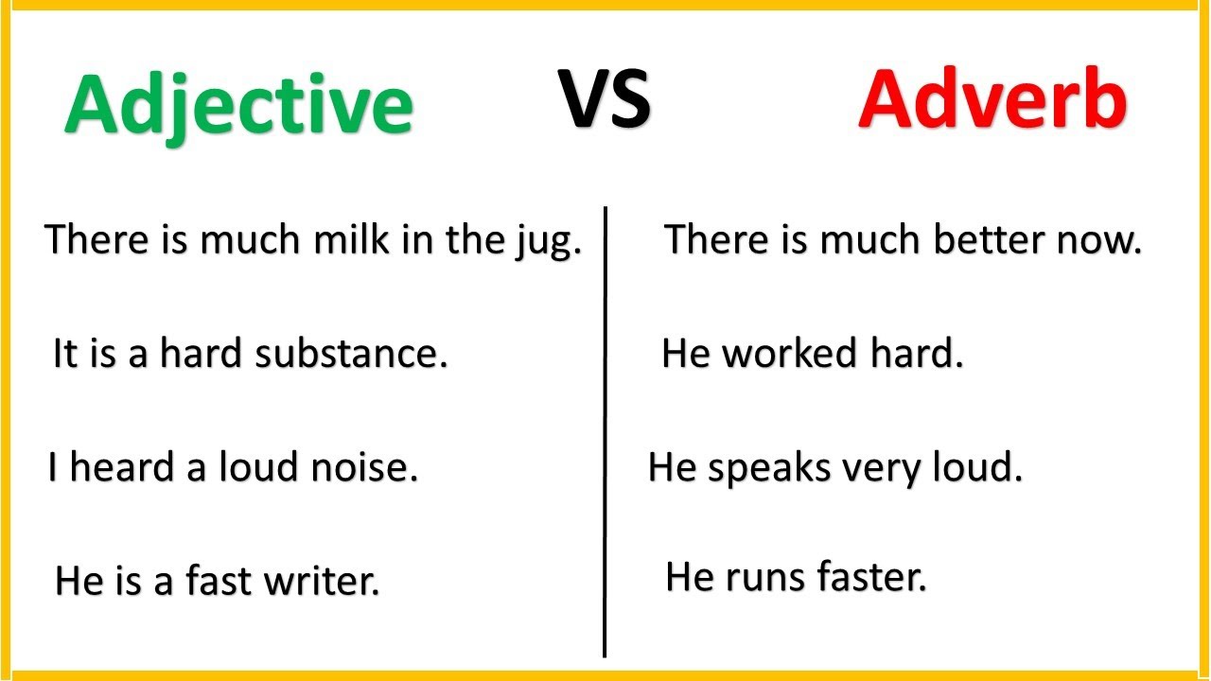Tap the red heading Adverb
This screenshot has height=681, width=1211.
tap(992, 98)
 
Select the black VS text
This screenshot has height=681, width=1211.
tap(604, 99)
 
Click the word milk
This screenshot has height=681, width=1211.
tap(351, 239)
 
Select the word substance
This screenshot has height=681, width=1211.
tap(351, 353)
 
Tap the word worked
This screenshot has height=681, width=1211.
tap(790, 353)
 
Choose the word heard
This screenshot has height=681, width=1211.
tap(122, 466)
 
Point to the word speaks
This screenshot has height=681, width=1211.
tap(769, 470)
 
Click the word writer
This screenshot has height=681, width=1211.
tap(321, 581)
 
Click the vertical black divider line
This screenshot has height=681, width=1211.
tap(605, 432)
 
